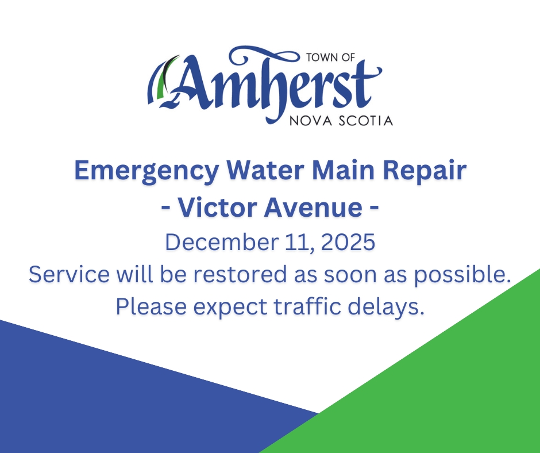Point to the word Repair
coord(430,172)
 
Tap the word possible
coord(462,275)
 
